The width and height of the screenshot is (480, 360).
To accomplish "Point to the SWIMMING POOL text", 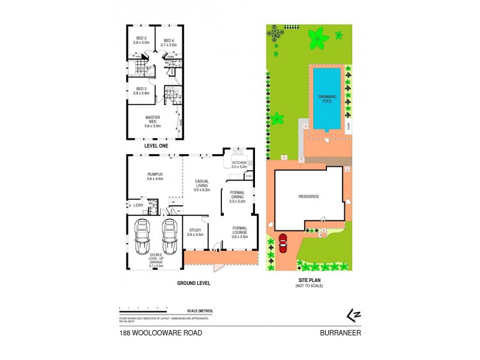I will (x=327, y=99).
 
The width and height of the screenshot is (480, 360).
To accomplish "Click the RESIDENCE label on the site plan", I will (x=308, y=197).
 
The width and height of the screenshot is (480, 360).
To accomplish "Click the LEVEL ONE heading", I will (x=156, y=146).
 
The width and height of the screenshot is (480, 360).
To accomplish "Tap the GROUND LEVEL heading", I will (x=193, y=283).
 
